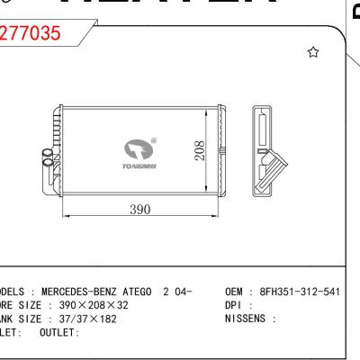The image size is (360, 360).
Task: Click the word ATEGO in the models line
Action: point(139,292)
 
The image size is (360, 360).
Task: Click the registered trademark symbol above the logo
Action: point(153,139)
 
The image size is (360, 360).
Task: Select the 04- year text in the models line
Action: point(182,292)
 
